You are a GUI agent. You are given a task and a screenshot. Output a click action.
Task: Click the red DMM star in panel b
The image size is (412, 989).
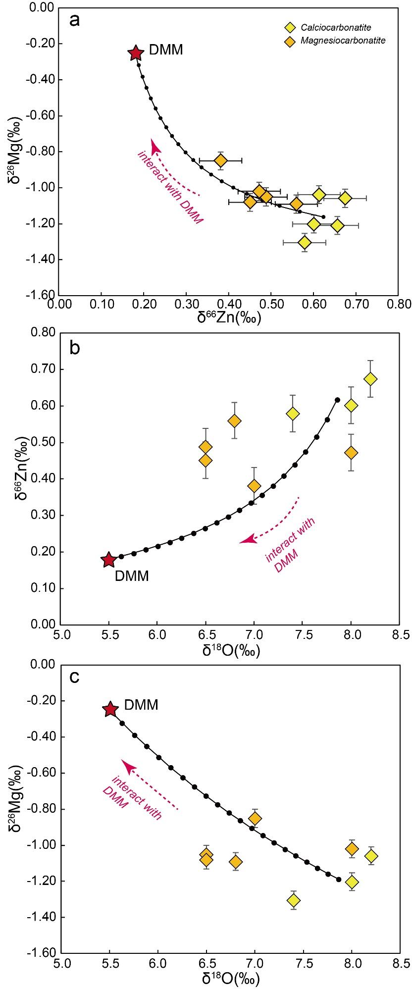pos(108,560)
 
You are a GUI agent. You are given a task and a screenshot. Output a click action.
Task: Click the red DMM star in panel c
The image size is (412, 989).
pos(110,709)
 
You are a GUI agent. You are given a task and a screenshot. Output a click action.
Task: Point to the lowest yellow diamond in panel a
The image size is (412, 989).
pos(305,243)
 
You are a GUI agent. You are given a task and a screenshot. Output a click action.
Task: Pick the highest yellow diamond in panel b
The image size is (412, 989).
pos(370,379)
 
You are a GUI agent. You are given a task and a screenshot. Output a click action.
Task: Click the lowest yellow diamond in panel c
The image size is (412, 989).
pos(294,899)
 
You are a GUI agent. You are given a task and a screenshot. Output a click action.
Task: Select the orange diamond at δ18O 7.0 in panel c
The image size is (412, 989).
pos(255,818)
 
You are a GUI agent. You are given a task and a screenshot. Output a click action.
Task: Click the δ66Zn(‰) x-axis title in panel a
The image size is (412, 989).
pos(229,317)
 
